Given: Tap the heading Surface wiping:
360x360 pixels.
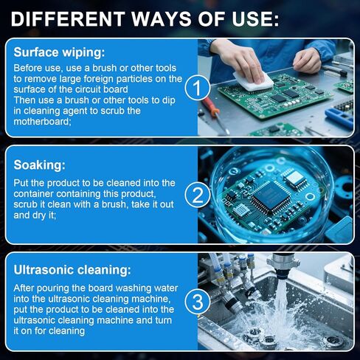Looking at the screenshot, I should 60,52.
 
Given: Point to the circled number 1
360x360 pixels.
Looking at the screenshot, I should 197,89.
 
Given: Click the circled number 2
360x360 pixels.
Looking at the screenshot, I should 197,195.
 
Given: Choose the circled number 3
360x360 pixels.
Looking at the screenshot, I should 197,302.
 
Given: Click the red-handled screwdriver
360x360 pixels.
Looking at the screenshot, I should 212,111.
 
